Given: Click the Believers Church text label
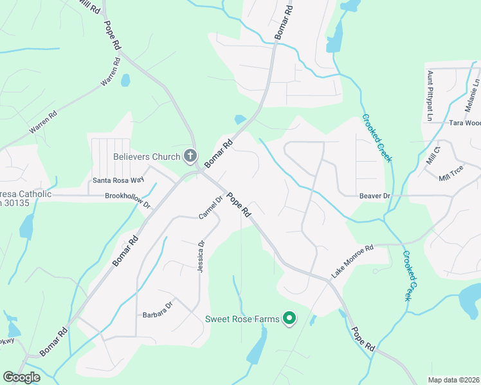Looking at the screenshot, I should coord(147,156).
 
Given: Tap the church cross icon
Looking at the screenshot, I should coord(190,155).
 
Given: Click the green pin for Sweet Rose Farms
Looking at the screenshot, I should coord(289,318).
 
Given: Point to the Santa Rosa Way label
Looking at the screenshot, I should coord(118,180).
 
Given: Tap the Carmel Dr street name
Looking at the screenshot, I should coord(210,207).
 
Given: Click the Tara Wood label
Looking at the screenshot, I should coord(464,123).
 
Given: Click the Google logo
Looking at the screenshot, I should coord(22,377).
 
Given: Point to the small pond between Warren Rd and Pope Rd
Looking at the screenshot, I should coord(125,80).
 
